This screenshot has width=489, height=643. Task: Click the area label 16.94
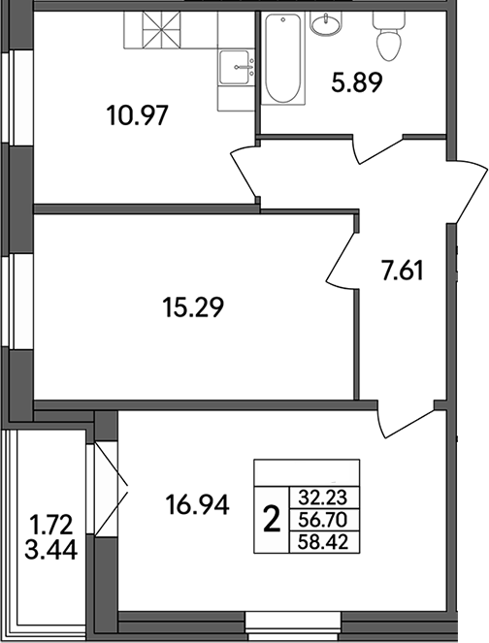[197, 504]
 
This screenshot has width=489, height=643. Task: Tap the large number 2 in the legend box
[272, 520]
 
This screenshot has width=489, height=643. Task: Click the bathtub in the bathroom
[283, 60]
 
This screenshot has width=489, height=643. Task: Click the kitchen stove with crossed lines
[155, 31]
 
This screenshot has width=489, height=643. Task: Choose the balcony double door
[111, 476]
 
